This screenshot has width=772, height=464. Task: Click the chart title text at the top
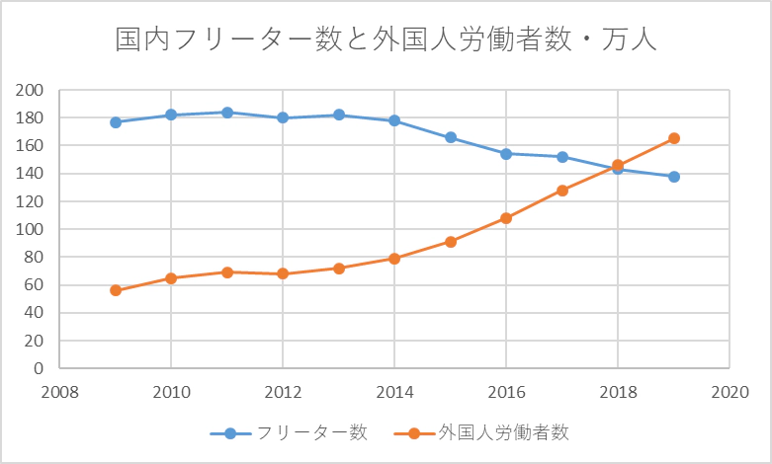click(386, 40)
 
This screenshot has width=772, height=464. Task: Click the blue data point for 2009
click(116, 122)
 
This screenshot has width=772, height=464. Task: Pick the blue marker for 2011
click(227, 113)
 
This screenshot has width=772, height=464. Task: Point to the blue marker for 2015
click(451, 137)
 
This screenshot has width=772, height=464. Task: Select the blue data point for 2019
click(674, 177)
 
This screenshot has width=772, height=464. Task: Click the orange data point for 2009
click(116, 290)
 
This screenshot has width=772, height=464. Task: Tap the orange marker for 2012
click(283, 273)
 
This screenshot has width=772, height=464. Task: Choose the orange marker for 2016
click(506, 218)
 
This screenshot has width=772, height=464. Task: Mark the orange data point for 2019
click(674, 138)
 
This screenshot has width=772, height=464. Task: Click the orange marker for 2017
click(562, 191)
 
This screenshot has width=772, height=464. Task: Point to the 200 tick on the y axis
click(32, 90)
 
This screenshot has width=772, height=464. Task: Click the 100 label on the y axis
click(32, 229)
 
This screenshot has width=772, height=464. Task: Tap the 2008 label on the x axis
click(59, 391)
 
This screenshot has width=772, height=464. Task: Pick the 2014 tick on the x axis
click(394, 391)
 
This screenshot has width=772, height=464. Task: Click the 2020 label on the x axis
click(729, 391)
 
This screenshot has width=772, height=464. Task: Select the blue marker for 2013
click(339, 115)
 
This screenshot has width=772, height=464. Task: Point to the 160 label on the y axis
click(32, 146)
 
